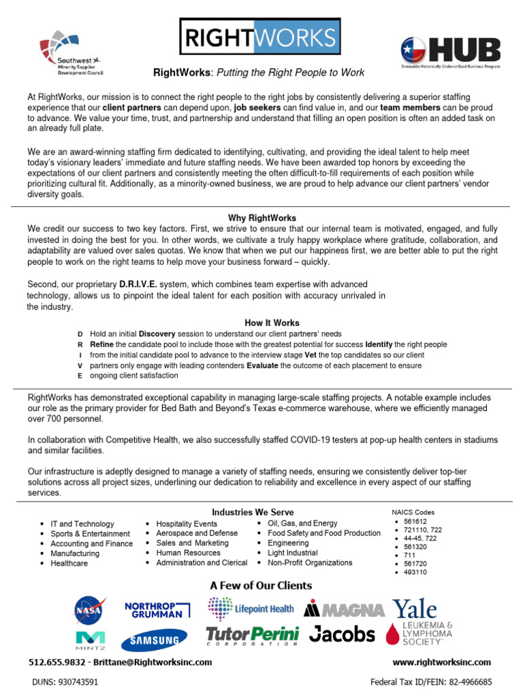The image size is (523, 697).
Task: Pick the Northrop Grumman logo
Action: tap(153, 609)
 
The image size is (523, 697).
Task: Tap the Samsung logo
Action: tap(154, 641)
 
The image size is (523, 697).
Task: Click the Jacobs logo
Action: tap(342, 635)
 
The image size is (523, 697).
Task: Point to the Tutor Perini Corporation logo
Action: tap(252, 636)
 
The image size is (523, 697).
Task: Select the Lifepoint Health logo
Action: tap(251, 608)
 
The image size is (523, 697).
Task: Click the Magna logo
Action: tap(343, 609)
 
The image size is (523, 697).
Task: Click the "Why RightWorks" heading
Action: tap(261, 218)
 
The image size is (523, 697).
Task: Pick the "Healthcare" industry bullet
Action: tap(69, 564)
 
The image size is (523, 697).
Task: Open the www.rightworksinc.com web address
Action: tap(441, 662)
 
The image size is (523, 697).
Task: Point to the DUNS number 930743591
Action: tap(65, 681)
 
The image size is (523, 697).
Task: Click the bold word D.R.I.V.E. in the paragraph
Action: tap(139, 284)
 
